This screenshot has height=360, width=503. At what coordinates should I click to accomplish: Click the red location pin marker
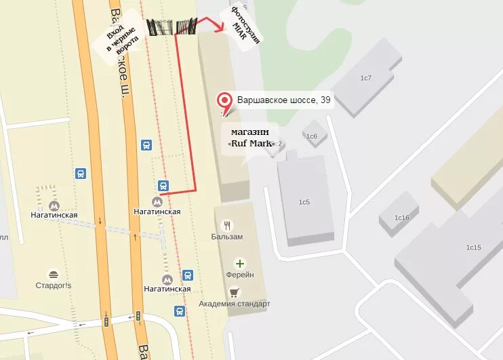pos(224,102)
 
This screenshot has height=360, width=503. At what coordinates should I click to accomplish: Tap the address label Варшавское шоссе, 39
pos(283,101)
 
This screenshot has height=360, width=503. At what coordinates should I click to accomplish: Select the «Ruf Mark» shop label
pos(251,138)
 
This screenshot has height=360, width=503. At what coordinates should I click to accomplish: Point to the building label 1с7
pos(366,78)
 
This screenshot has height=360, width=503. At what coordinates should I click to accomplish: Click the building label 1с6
pos(312,137)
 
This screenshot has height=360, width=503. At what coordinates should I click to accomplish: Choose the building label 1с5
pos(304,202)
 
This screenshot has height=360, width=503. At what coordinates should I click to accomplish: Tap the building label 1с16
pos(403,218)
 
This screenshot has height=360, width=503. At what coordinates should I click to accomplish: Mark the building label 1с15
pos(472,247)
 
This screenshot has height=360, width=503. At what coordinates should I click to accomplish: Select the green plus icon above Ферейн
pos(239,263)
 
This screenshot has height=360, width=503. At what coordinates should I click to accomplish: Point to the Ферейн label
pos(240,275)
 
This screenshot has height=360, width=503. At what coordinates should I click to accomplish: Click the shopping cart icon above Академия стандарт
pos(235,292)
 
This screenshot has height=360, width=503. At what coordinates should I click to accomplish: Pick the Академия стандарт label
pos(235,304)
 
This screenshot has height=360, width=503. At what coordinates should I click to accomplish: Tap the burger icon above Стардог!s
pos(54,274)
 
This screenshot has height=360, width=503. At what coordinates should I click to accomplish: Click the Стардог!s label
pos(54,285)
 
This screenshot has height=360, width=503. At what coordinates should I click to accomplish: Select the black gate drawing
pos(172,27)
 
